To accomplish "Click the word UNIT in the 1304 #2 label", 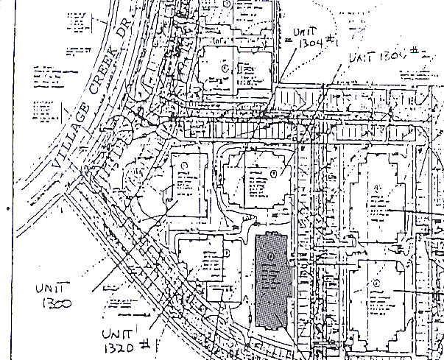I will click(x=363, y=57).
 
